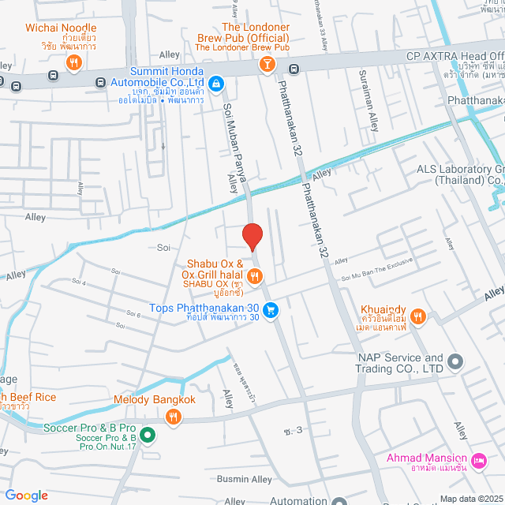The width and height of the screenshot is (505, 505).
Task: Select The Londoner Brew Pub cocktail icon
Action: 268,64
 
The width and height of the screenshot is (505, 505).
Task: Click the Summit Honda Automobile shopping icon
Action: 215,84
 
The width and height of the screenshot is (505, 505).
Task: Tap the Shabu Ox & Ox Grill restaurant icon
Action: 254,275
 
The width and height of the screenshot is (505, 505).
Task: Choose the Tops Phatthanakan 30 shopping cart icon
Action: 271,311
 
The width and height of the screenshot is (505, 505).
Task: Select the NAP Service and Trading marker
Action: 454,362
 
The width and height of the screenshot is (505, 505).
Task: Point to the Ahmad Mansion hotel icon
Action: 477,460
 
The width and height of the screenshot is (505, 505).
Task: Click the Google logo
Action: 27,495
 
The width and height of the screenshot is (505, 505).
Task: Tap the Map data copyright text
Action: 469,498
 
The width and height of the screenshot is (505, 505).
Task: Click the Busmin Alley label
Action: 244,479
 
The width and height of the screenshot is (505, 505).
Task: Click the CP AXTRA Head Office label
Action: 454,56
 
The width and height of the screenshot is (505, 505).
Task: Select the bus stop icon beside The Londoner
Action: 293,69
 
